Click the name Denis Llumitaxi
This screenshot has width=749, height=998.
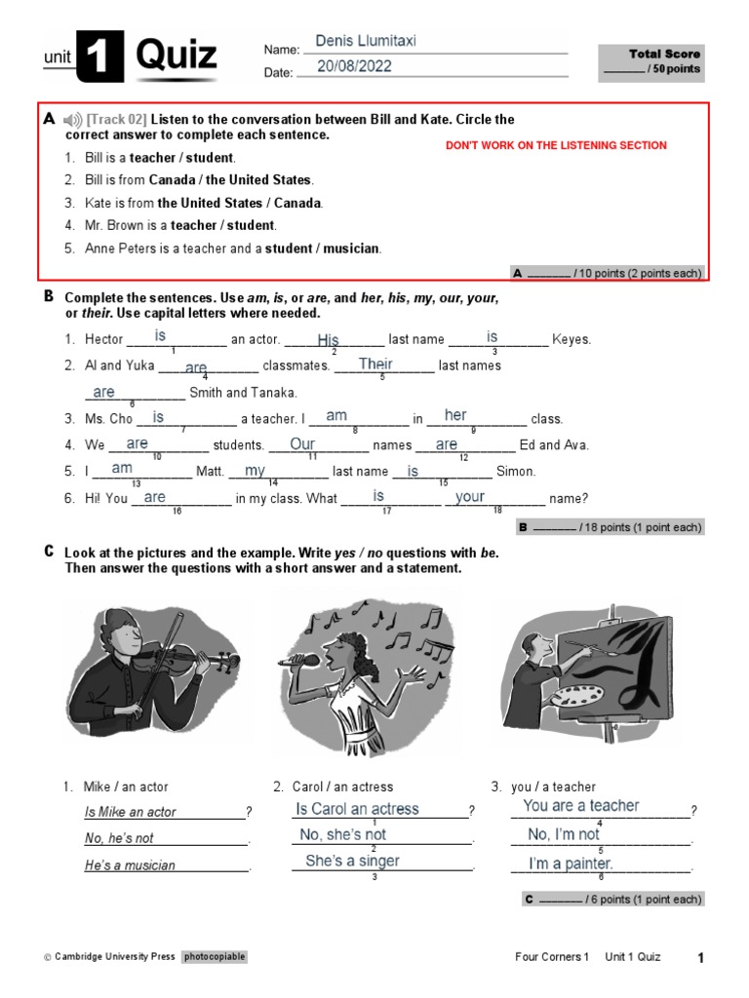click(366, 41)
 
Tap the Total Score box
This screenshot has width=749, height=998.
click(650, 61)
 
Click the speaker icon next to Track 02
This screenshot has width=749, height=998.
click(73, 120)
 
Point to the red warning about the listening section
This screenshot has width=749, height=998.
click(556, 145)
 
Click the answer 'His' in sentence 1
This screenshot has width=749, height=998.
click(328, 339)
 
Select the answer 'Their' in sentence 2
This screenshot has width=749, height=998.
click(375, 365)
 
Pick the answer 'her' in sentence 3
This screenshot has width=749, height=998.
click(455, 416)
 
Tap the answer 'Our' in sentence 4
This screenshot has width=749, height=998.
click(302, 444)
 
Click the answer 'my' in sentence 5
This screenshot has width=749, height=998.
click(255, 471)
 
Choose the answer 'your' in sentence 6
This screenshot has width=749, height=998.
click(470, 497)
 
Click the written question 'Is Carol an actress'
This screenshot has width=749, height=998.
click(357, 809)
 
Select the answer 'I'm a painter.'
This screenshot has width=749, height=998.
click(571, 864)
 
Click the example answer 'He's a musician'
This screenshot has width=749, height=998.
click(130, 865)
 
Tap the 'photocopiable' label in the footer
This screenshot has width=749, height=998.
click(215, 957)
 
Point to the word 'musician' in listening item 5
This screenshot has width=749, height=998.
click(350, 249)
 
